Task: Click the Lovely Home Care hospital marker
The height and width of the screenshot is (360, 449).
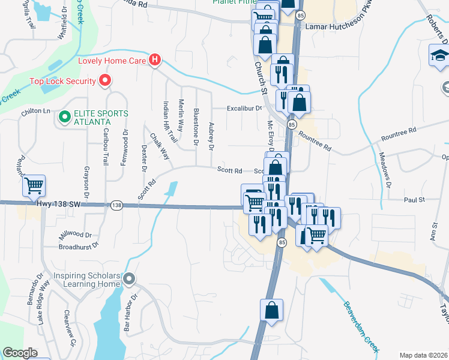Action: pos(155,59)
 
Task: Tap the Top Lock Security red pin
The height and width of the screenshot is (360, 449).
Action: pos(105,80)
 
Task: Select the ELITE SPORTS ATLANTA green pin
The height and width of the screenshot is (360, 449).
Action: pos(64,116)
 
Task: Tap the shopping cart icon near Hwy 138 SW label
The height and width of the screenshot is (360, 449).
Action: pos(34,186)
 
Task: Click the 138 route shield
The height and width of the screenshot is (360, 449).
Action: pos(116,205)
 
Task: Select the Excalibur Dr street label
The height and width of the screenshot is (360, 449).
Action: pos(244,109)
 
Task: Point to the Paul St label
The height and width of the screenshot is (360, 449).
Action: pos(414,199)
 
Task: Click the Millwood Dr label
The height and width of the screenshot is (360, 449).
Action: pos(76,235)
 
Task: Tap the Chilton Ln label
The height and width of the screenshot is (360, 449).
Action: pos(37,111)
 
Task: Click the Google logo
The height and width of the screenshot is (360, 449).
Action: pos(20,353)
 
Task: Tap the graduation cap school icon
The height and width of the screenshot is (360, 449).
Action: pos(439,56)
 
